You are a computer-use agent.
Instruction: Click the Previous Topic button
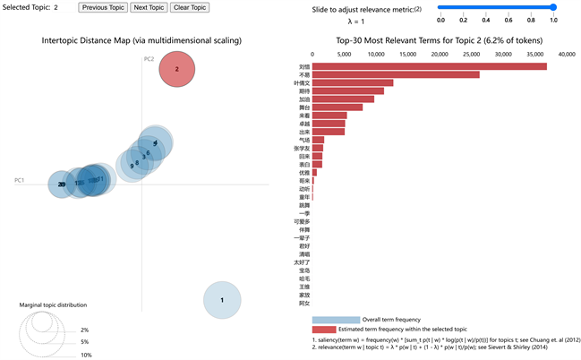pos(103,7)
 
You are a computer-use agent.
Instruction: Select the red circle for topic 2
pos(177,69)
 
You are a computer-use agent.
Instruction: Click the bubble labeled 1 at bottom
pos(222,300)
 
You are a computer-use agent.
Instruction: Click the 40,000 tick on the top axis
pos(567,54)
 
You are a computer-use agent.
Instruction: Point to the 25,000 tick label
pos(472,54)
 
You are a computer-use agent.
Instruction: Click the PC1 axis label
pos(19,180)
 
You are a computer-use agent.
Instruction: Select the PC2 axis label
pos(149,59)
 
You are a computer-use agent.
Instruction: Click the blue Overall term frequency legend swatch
pos(336,319)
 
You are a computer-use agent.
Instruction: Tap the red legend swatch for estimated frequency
pos(336,330)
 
